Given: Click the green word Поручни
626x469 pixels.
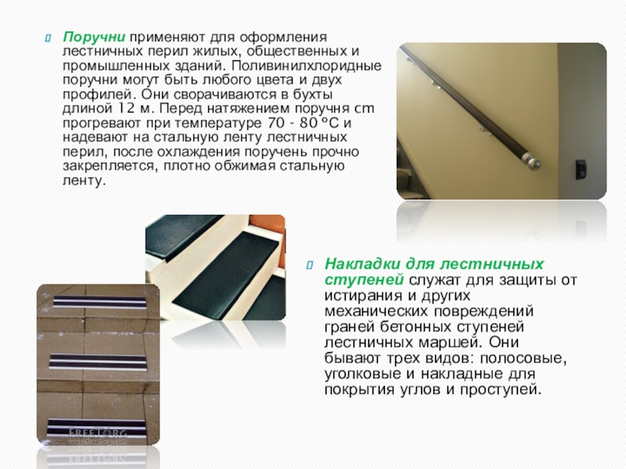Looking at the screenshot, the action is pos(94,37).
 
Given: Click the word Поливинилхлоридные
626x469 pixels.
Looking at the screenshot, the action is pos(306,66).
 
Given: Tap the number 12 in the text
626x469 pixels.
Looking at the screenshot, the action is pos(124,109).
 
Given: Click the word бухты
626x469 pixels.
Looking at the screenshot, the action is pos(312,95).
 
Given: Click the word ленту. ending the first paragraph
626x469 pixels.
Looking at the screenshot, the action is pos(85,181).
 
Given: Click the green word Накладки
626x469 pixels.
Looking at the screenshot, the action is pos(363,264).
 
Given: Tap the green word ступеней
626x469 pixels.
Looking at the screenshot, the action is pos(364,281).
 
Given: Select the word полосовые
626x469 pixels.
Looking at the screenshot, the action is pos(523,358).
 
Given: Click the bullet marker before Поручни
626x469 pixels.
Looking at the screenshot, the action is pos(48,38).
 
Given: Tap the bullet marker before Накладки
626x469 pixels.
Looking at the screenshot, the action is pos(309,265).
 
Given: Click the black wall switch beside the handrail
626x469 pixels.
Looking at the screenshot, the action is pos(581,170).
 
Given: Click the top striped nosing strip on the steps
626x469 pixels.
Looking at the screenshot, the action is pos(100,302).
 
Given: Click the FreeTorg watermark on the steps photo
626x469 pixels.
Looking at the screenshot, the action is pos(98,435).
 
